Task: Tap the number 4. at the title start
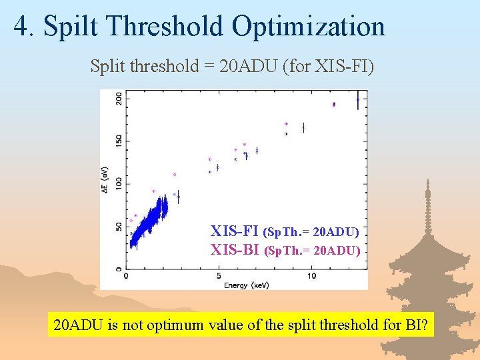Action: point(23,26)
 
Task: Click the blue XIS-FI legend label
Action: point(235,232)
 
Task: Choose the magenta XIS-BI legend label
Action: point(235,251)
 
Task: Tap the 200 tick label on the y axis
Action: point(119,98)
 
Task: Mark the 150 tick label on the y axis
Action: point(119,141)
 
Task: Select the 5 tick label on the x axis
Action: point(219,276)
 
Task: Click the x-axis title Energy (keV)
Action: point(246,285)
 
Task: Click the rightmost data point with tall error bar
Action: point(358,100)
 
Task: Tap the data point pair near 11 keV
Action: point(333,104)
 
